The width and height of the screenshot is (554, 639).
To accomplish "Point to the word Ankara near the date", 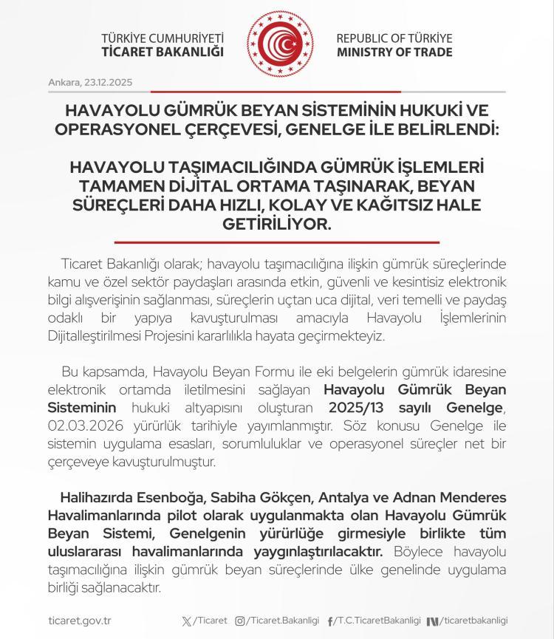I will coord(63,82).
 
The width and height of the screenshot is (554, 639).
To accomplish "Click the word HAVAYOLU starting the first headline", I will coord(109,110).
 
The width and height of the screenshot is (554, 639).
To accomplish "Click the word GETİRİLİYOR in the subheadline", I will coord(277,222).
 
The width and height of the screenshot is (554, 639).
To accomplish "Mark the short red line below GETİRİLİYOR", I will coord(277,242).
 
